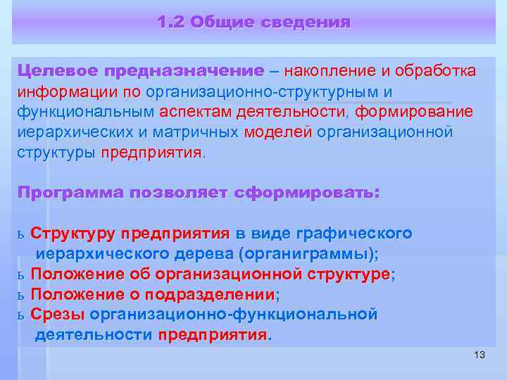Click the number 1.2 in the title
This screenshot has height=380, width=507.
171,23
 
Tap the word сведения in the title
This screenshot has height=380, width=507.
306,23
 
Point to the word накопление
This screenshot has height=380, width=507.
330,71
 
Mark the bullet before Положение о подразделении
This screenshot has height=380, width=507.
20,294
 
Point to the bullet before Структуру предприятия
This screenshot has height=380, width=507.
20,234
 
